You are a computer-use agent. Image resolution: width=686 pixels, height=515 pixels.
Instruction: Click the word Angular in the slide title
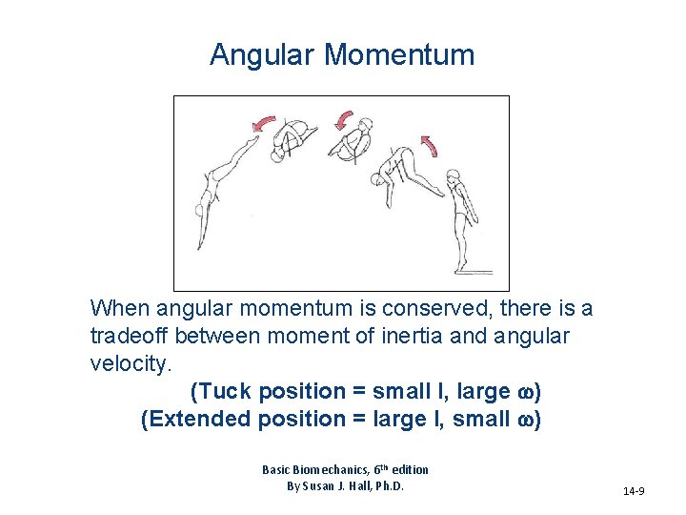263,55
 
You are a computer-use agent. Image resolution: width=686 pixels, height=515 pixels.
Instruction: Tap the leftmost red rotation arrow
262,124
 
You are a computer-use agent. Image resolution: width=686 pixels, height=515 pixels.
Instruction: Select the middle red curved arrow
341,120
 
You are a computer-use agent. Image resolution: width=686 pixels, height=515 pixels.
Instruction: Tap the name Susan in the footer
323,486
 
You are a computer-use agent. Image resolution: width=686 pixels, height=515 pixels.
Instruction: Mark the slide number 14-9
634,492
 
